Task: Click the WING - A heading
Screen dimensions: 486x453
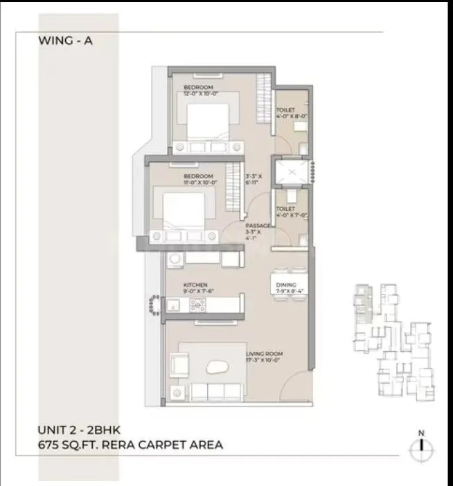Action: click(x=66, y=41)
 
